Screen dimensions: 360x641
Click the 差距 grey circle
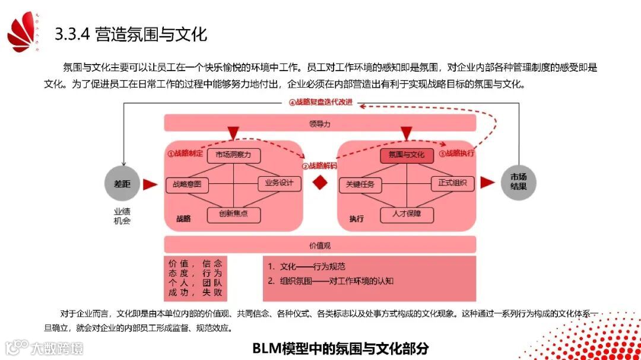pyautogui.click(x=122, y=184)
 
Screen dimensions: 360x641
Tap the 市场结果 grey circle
pyautogui.click(x=518, y=182)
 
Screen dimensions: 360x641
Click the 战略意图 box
pyautogui.click(x=187, y=184)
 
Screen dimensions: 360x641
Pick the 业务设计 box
pyautogui.click(x=279, y=183)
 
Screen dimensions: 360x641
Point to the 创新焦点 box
pyautogui.click(x=233, y=214)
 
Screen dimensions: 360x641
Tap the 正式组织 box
pyautogui.click(x=452, y=183)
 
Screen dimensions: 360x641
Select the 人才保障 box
pyautogui.click(x=407, y=214)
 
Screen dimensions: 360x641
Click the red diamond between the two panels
pyautogui.click(x=320, y=183)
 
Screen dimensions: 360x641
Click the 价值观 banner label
pyautogui.click(x=320, y=244)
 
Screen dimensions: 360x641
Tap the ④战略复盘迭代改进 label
pyautogui.click(x=321, y=102)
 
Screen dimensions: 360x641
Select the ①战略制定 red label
pyautogui.click(x=185, y=154)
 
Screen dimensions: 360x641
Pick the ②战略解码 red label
pyautogui.click(x=319, y=166)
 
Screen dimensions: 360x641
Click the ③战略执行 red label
pyautogui.click(x=456, y=154)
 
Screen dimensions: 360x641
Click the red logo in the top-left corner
pyautogui.click(x=25, y=33)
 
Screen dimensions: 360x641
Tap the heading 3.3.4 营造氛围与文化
pyautogui.click(x=131, y=34)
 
